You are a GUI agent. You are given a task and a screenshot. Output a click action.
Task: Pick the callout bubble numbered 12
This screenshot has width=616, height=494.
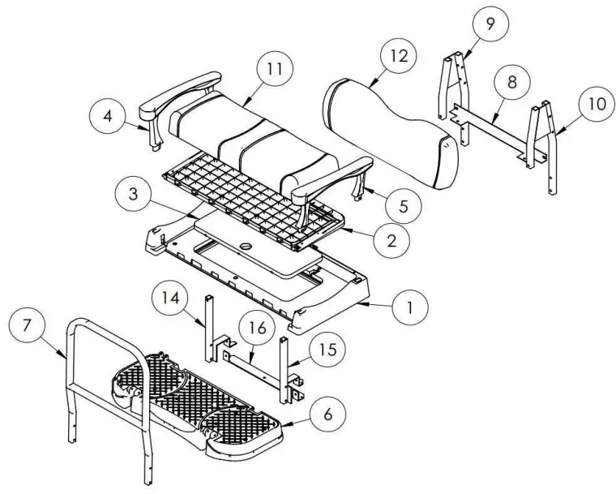point(397,57)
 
